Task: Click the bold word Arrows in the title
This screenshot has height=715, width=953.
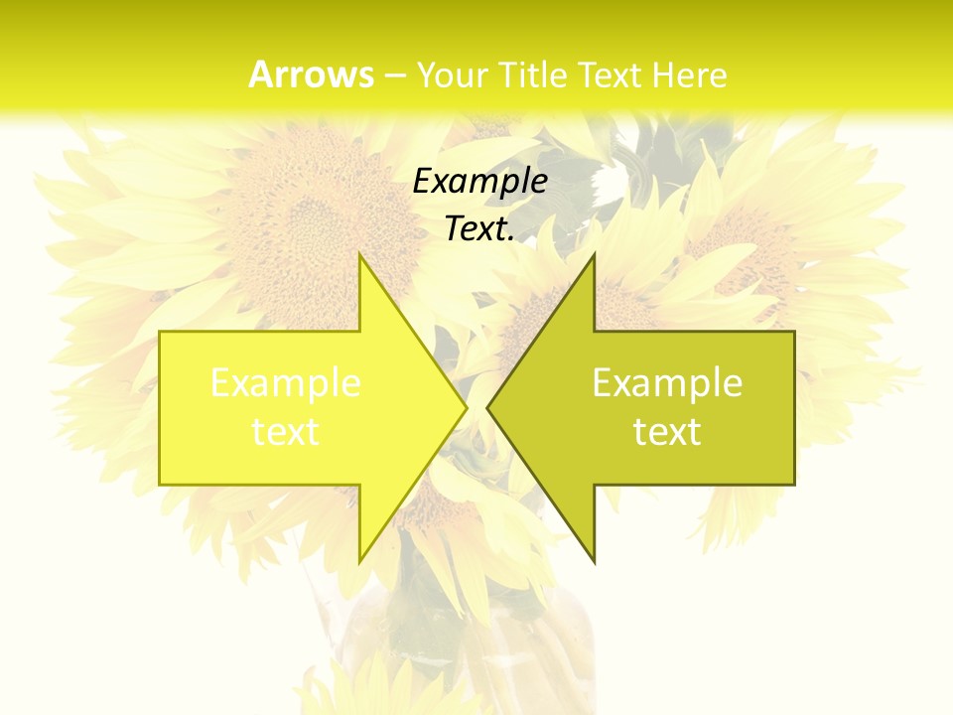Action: [x=311, y=74]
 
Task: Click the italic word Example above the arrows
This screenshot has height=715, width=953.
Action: [x=479, y=181]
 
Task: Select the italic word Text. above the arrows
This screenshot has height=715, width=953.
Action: [x=479, y=228]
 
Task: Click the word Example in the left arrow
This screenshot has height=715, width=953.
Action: [x=286, y=382]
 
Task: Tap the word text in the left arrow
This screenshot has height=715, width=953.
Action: [x=286, y=431]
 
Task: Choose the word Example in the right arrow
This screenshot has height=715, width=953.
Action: [x=667, y=382]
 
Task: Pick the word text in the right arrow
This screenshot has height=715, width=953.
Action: [x=667, y=431]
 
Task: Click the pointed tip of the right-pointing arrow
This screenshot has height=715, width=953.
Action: [x=466, y=407]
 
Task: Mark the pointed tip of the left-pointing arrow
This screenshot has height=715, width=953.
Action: [x=488, y=407]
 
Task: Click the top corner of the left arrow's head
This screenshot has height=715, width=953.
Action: [x=360, y=255]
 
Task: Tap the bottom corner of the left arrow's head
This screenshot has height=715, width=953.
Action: [x=360, y=560]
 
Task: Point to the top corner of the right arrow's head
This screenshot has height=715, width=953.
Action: [x=594, y=255]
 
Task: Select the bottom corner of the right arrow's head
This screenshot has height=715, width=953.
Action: [x=594, y=560]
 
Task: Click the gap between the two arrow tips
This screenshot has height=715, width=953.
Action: [x=477, y=407]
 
